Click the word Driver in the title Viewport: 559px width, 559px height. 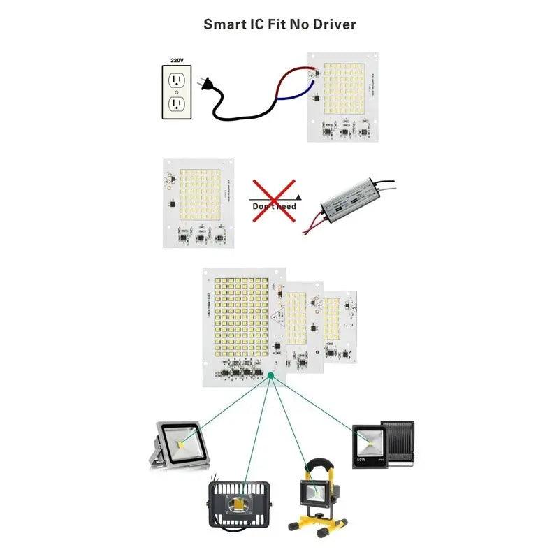click(x=333, y=24)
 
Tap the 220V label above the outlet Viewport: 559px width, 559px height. click(x=177, y=61)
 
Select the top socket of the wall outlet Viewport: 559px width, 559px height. click(x=177, y=79)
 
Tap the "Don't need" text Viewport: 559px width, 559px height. click(x=274, y=206)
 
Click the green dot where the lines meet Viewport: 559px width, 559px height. click(x=270, y=376)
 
